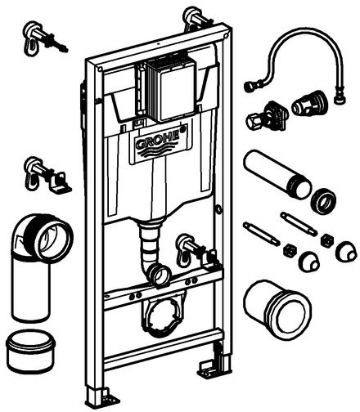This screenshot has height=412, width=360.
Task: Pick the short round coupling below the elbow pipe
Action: [31, 352]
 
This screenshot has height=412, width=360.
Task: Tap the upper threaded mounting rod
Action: [299, 223]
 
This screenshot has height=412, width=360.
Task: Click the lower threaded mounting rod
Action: [261, 234]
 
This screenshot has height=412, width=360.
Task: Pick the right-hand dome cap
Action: [346, 251]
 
